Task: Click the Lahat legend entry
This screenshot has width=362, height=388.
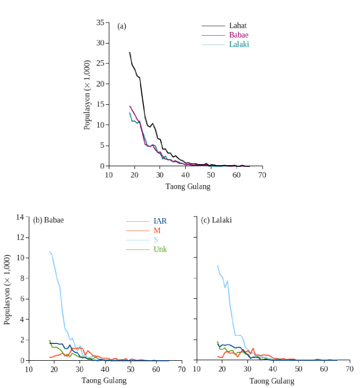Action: point(237,25)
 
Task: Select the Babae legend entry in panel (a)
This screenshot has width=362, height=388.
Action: point(239,35)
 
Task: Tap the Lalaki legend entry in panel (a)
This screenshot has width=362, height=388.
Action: point(239,44)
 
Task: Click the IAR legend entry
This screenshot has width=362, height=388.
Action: point(160,221)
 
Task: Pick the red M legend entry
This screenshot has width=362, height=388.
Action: point(157,231)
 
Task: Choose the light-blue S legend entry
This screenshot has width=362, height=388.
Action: point(155,240)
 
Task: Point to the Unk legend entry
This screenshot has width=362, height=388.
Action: point(160,249)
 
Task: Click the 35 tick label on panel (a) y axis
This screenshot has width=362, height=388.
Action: point(100,22)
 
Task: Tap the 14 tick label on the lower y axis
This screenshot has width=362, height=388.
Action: point(20,217)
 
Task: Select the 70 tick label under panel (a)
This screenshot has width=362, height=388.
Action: point(262,175)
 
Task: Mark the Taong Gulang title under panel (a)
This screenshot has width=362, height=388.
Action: point(188,186)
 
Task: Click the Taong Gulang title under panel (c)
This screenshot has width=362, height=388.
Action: point(271,381)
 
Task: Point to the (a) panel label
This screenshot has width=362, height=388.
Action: point(122,26)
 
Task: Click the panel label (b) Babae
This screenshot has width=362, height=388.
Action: point(49,220)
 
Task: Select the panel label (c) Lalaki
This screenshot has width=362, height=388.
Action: point(217,220)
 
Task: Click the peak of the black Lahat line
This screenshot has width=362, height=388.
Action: point(129,52)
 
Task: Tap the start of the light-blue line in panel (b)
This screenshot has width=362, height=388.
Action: point(50,252)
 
